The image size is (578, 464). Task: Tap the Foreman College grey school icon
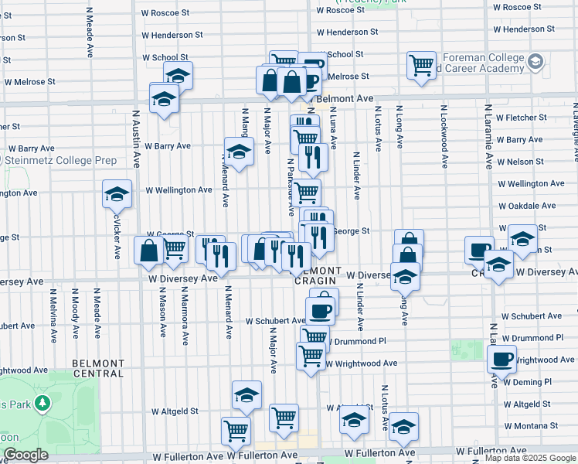[x=535, y=61]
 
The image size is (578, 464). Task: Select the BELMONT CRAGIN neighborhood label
[x=317, y=276]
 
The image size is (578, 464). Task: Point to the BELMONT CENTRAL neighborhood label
[x=97, y=367]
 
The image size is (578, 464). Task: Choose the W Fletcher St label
[x=521, y=118]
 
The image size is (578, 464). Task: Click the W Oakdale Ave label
[x=527, y=206]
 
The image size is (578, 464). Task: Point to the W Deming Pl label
[x=526, y=381]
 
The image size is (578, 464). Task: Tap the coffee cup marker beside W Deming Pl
[x=501, y=359]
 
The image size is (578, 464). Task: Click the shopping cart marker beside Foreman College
[x=422, y=65]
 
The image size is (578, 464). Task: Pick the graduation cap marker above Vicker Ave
[x=117, y=194]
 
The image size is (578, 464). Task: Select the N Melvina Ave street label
[x=53, y=313]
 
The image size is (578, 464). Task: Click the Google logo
[x=25, y=455]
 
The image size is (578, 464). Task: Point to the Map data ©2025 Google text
[x=529, y=459]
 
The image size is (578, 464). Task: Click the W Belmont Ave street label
[x=344, y=99]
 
